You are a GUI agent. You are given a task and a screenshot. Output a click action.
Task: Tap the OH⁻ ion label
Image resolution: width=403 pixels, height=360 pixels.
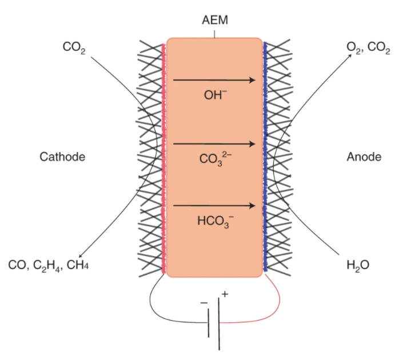(x=216, y=95)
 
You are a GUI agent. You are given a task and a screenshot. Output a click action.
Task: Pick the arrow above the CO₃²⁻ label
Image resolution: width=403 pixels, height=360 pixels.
(x=214, y=143)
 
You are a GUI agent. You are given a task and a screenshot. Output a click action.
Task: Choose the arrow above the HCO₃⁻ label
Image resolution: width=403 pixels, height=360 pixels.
(x=214, y=206)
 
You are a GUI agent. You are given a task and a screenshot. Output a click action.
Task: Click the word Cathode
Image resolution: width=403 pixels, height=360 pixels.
(x=62, y=157)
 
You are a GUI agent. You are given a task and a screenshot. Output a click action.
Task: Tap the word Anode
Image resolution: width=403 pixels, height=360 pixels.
(x=364, y=157)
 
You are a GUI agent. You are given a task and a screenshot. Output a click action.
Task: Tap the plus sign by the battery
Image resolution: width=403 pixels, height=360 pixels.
(x=225, y=294)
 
